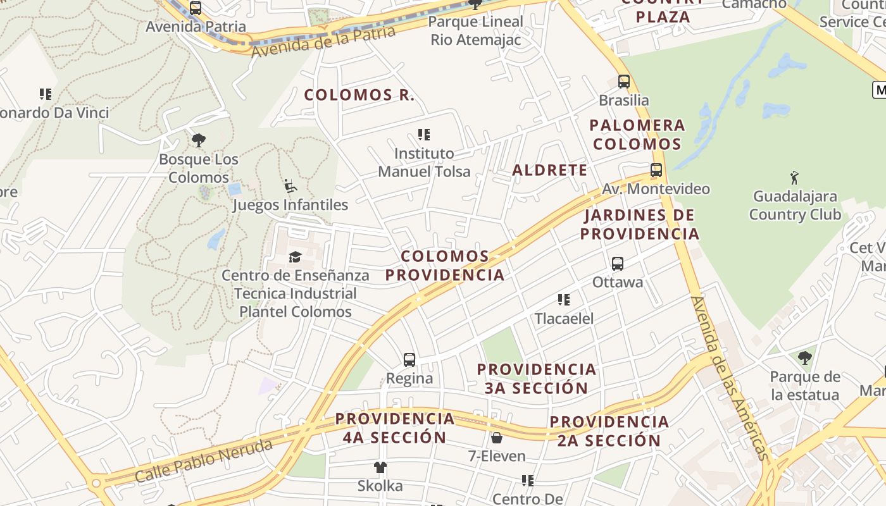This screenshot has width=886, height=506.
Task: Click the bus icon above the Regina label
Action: (x=409, y=360)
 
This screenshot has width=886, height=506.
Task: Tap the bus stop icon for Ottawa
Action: (x=618, y=264)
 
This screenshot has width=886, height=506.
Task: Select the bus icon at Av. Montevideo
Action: (x=656, y=170)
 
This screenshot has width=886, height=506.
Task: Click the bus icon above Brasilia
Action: (x=624, y=82)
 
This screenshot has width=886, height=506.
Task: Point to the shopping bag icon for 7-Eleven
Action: (x=497, y=438)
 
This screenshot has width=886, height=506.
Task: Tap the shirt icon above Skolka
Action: (x=380, y=467)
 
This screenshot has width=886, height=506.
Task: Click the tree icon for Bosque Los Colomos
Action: (x=199, y=140)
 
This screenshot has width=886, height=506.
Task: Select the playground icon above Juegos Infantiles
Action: (x=290, y=186)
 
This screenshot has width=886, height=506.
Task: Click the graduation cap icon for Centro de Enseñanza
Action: (x=295, y=257)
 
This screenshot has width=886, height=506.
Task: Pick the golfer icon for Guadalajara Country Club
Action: (x=795, y=178)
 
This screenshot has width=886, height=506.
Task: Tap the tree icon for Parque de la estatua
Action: (x=804, y=358)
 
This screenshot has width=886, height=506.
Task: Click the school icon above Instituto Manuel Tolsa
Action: (x=424, y=135)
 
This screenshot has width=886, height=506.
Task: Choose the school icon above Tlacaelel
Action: (x=564, y=300)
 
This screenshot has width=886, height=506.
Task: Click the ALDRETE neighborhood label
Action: (x=549, y=170)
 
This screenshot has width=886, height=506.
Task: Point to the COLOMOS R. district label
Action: (x=359, y=96)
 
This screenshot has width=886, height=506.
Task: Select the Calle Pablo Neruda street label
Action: (x=204, y=460)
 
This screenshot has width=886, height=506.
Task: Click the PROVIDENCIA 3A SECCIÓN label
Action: (x=537, y=378)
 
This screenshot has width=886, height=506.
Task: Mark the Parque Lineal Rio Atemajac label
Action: (x=476, y=30)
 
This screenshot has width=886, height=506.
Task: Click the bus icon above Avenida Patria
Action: (x=196, y=8)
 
